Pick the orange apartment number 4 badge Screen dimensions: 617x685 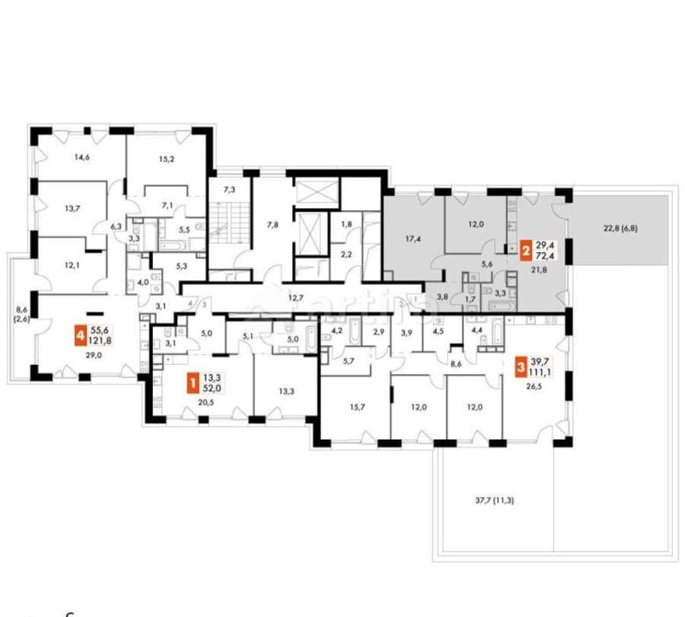click(x=79, y=335)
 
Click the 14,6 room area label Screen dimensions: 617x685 click(x=81, y=158)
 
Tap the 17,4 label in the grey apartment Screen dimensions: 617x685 click(x=415, y=239)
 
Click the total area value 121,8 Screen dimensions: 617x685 click(x=100, y=340)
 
